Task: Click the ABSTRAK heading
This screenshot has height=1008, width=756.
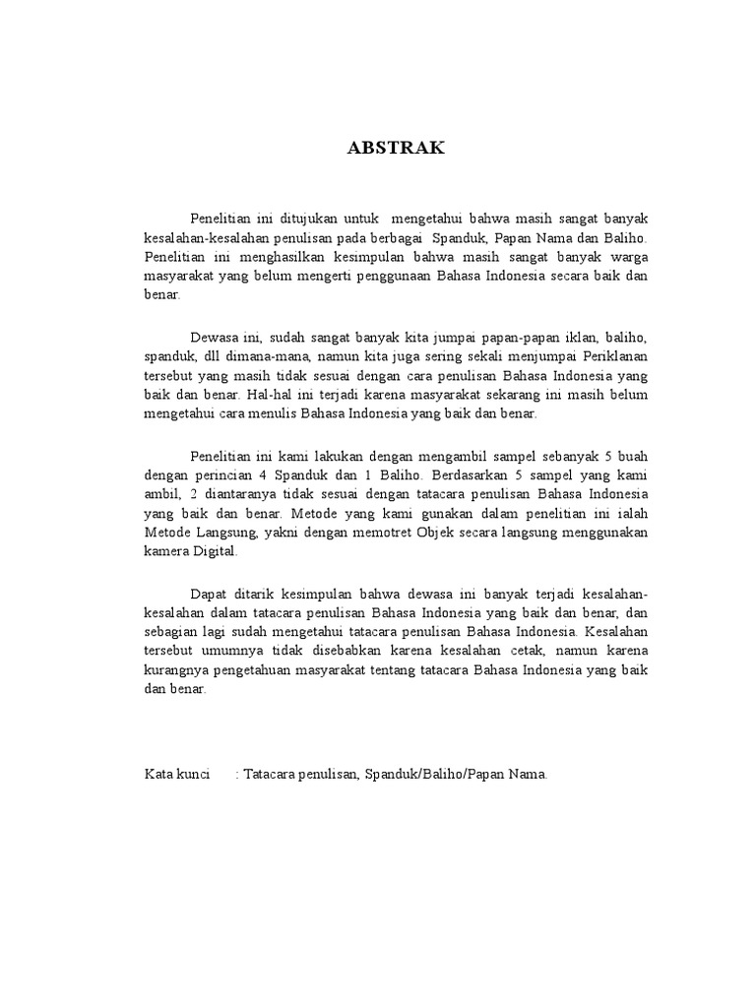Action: pyautogui.click(x=397, y=149)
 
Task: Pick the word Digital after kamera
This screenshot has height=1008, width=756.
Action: pyautogui.click(x=217, y=553)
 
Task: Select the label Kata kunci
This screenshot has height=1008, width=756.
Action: pyautogui.click(x=177, y=775)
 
